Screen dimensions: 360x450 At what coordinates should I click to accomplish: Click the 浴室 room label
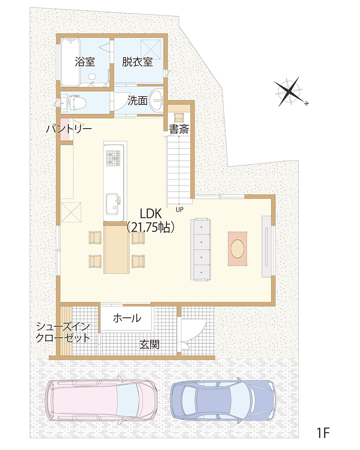[x=85, y=62]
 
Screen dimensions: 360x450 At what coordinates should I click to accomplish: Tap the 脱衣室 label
[x=137, y=62]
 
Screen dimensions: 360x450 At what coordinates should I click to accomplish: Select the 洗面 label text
[x=137, y=100]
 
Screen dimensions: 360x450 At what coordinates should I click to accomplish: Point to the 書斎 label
[x=179, y=129]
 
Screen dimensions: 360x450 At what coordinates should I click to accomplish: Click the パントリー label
[x=69, y=129]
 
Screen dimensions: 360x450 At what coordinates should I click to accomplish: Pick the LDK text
[x=151, y=214]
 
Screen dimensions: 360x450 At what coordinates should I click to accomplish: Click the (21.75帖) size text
[x=151, y=227]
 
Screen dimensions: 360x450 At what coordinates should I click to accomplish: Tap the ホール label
[x=127, y=318]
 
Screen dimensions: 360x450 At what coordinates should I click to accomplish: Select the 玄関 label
[x=149, y=344]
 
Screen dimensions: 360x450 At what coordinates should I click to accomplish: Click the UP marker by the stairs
[x=180, y=210]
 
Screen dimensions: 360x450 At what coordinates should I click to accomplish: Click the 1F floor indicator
[x=323, y=432]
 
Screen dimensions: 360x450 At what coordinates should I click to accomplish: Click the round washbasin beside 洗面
[x=157, y=100]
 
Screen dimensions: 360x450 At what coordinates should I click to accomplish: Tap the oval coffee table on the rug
[x=238, y=248]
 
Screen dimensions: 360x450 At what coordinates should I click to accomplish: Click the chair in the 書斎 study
[x=179, y=117]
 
